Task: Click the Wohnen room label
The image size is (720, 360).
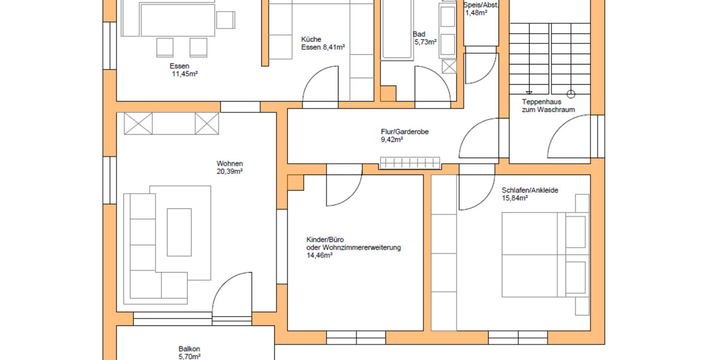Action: click(x=230, y=164)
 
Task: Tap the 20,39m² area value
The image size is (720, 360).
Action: click(x=230, y=172)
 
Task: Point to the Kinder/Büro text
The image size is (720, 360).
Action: click(x=325, y=239)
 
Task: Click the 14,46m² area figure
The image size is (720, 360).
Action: click(x=320, y=255)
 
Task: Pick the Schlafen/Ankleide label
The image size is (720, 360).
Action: click(x=530, y=191)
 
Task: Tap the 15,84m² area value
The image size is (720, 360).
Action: click(x=515, y=199)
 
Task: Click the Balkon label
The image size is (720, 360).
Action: click(x=189, y=349)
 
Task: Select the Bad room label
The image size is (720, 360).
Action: click(x=419, y=34)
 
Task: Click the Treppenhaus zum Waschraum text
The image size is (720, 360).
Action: click(x=548, y=106)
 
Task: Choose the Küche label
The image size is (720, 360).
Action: click(x=311, y=39)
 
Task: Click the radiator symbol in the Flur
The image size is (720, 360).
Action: click(x=410, y=163)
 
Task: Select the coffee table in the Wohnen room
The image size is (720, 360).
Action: click(x=179, y=232)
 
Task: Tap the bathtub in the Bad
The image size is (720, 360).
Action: click(x=397, y=30)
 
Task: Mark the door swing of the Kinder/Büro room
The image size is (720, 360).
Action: click(x=344, y=189)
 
